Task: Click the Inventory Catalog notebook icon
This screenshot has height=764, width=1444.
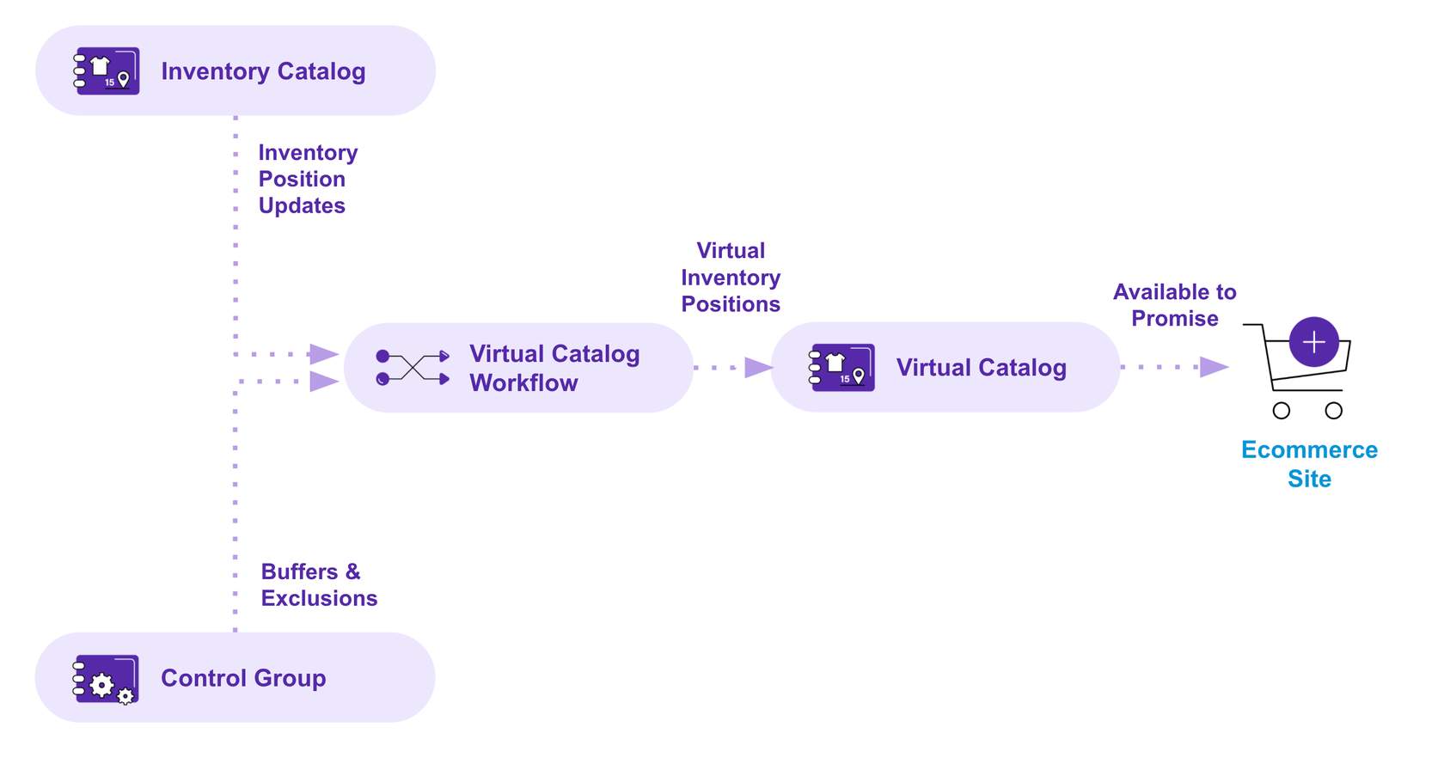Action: pyautogui.click(x=107, y=70)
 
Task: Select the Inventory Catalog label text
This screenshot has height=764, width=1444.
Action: pyautogui.click(x=263, y=71)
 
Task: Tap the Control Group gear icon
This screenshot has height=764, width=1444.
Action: pyautogui.click(x=106, y=679)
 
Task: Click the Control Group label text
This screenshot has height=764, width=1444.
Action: pyautogui.click(x=243, y=678)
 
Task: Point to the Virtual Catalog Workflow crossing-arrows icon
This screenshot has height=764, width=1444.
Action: pyautogui.click(x=413, y=368)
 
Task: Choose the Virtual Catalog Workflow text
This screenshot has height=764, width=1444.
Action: pyautogui.click(x=554, y=368)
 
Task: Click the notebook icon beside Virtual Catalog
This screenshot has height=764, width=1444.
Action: pyautogui.click(x=842, y=368)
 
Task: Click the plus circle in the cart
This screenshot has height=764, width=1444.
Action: pyautogui.click(x=1313, y=342)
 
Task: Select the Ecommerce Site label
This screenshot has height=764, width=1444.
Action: pyautogui.click(x=1309, y=464)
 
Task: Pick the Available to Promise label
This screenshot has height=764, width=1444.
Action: pyautogui.click(x=1174, y=305)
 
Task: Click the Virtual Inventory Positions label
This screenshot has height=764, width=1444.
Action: pyautogui.click(x=731, y=278)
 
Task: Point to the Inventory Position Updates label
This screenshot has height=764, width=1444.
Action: pyautogui.click(x=307, y=179)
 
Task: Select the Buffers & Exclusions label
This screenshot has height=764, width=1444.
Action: pyautogui.click(x=319, y=585)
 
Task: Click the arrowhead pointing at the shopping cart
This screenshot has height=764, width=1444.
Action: pyautogui.click(x=1214, y=367)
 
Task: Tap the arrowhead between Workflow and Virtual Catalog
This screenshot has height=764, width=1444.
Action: pyautogui.click(x=758, y=368)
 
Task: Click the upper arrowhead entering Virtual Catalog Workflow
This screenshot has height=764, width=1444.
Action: pyautogui.click(x=323, y=354)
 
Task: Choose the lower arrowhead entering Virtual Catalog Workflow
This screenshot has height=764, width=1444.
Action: pyautogui.click(x=323, y=381)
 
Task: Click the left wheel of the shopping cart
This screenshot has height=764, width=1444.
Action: pyautogui.click(x=1282, y=411)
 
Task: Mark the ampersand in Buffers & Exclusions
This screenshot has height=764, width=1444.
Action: pyautogui.click(x=353, y=571)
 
